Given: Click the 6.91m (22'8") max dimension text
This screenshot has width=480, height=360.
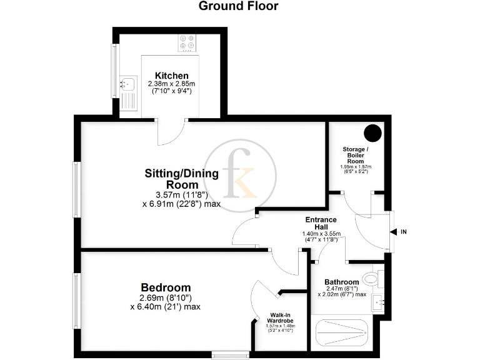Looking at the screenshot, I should point(181,204).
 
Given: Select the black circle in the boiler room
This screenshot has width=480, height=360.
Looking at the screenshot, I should point(373,133).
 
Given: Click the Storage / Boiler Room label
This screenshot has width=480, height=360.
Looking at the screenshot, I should point(357,154).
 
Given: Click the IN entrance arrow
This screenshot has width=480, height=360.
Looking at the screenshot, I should point(394,232).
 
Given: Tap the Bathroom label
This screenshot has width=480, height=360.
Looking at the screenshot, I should point(341,282).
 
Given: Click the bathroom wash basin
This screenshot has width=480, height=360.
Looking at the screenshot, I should point(378,303).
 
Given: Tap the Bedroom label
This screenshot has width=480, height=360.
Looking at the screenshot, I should point(165,287).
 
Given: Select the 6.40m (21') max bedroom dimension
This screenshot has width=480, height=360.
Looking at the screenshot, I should point(165,307).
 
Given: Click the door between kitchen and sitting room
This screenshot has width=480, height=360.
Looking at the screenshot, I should point(170,130).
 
